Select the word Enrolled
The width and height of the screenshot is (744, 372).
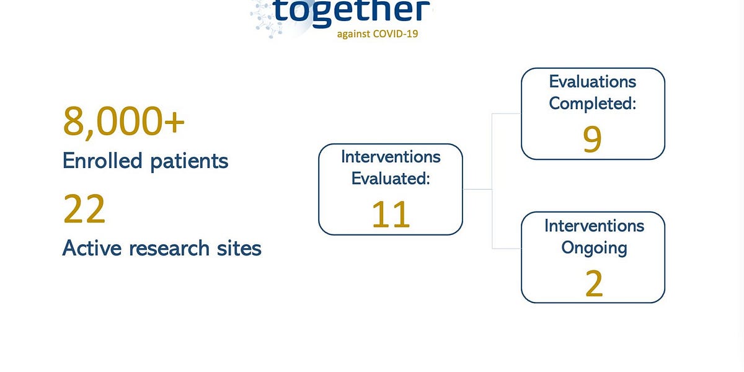point(102,161)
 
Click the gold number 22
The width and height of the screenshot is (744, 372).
point(84,210)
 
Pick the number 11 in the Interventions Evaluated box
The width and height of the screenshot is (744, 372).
point(391,214)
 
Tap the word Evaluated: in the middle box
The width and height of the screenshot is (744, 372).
point(391,179)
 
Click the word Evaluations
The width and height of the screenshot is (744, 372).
point(593,81)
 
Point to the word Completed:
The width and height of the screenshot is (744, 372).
point(593,103)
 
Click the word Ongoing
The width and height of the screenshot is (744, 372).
point(593,247)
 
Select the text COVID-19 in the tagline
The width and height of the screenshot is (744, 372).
point(396,33)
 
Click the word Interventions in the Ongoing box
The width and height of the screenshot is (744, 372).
point(594,225)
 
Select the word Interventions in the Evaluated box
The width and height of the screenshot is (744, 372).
point(391,156)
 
